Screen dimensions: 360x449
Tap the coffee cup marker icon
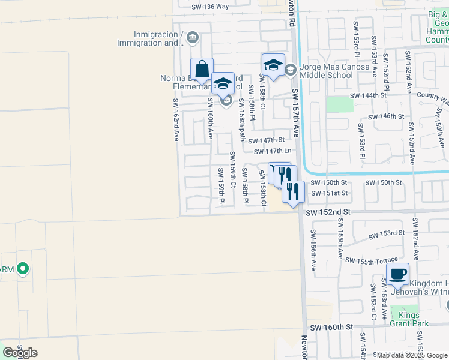(397, 274)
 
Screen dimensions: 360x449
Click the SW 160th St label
(331, 327)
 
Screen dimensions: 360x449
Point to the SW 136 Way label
(210, 7)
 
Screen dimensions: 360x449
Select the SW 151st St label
(330, 193)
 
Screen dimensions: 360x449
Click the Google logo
(20, 353)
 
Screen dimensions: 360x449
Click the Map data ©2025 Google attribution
(412, 355)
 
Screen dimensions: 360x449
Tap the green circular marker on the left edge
(23, 268)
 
